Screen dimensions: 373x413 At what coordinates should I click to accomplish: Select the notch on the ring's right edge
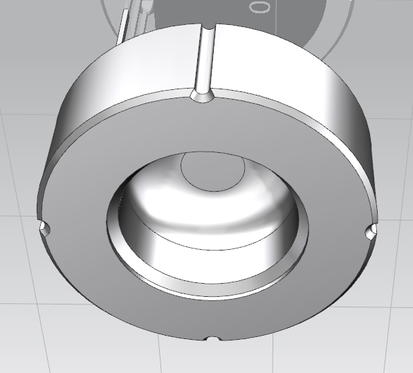coord(371,230)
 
